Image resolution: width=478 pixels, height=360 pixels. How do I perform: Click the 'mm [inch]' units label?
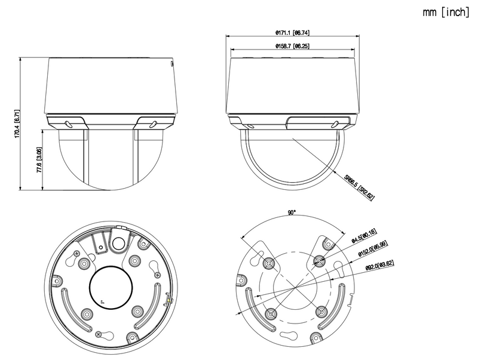445,11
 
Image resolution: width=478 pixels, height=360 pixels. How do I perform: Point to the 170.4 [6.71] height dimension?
18,124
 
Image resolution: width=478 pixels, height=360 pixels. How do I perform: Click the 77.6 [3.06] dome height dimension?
39,160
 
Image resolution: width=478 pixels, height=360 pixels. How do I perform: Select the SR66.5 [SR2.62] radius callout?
358,187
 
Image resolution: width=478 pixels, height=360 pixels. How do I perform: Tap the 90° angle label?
292,213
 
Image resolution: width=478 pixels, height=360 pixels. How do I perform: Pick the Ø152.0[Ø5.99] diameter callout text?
372,249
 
